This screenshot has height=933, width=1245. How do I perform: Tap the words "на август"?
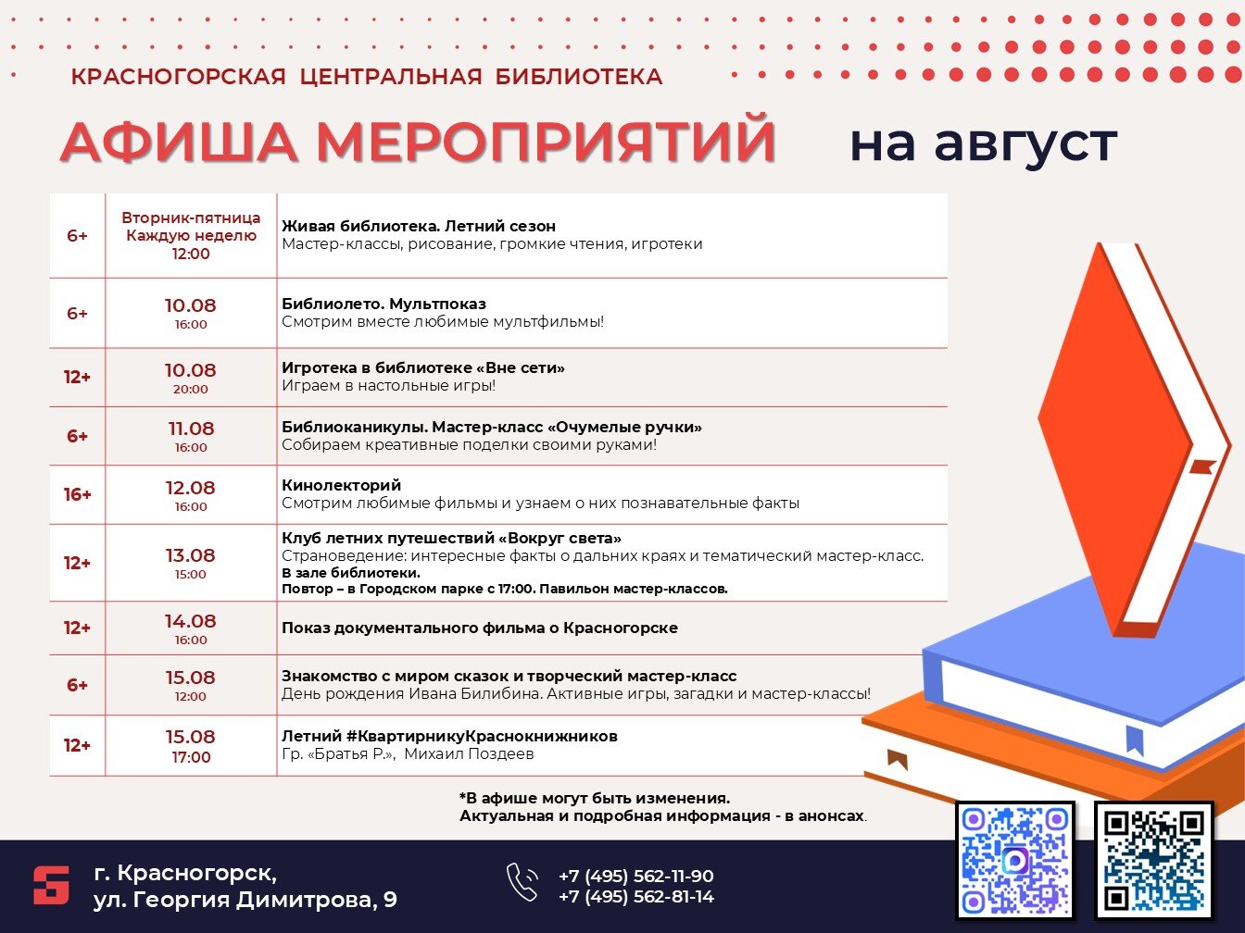click(984, 143)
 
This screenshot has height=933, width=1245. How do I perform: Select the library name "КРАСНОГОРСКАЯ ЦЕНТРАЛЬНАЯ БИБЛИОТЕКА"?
click(367, 77)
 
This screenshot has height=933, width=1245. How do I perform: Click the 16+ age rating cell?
click(77, 494)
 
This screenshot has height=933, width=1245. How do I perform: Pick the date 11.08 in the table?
click(191, 429)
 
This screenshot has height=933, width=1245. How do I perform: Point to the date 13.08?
click(191, 555)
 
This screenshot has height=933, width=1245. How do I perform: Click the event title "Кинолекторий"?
click(341, 485)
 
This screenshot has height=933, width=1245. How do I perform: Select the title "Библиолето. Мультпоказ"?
click(384, 304)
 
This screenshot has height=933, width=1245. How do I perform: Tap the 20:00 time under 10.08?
click(191, 389)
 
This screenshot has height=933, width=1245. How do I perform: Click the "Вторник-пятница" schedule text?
click(191, 218)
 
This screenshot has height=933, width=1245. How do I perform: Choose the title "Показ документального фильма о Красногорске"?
click(479, 628)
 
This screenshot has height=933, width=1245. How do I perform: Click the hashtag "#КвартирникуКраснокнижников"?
click(482, 736)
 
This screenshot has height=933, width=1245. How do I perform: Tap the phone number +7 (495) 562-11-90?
click(635, 876)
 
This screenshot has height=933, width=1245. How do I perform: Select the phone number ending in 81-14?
click(635, 897)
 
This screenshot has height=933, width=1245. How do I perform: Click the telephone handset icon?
click(522, 882)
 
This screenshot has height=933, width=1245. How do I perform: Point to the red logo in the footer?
click(51, 885)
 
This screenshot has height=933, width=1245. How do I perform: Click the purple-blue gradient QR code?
click(1015, 860)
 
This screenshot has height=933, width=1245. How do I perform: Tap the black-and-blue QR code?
click(1153, 860)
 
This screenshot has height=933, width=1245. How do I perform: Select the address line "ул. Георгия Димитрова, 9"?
click(245, 901)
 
